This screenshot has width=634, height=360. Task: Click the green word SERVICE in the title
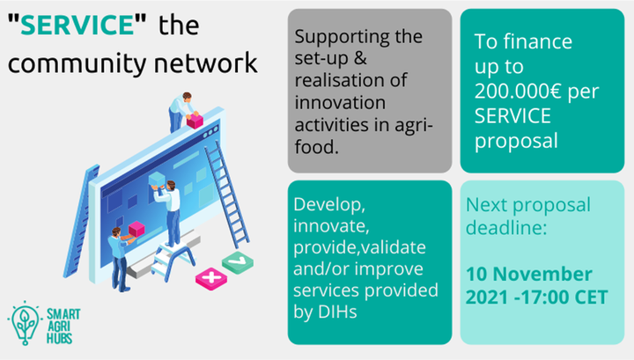click(77, 25)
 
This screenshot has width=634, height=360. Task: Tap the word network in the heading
click(206, 62)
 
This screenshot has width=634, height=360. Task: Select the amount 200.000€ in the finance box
click(518, 91)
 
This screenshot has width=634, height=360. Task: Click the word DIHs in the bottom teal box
click(337, 312)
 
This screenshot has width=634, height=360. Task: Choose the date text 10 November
click(529, 274)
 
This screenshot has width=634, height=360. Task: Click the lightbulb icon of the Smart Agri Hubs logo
click(25, 323)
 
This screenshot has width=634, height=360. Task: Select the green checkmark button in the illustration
click(238, 262)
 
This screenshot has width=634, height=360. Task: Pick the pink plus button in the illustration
click(211, 278)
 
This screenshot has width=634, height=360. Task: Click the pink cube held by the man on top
click(195, 121)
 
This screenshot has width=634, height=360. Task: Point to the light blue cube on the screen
click(157, 180)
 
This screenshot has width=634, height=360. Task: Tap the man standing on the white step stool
click(169, 212)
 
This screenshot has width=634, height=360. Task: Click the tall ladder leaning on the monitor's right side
click(226, 195)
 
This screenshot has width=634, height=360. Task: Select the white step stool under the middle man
click(173, 260)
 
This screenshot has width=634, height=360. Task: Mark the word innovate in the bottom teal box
click(331, 226)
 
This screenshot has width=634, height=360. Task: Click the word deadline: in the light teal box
click(506, 227)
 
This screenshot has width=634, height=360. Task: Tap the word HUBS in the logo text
click(60, 338)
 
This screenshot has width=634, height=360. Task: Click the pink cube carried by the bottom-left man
click(136, 229)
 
